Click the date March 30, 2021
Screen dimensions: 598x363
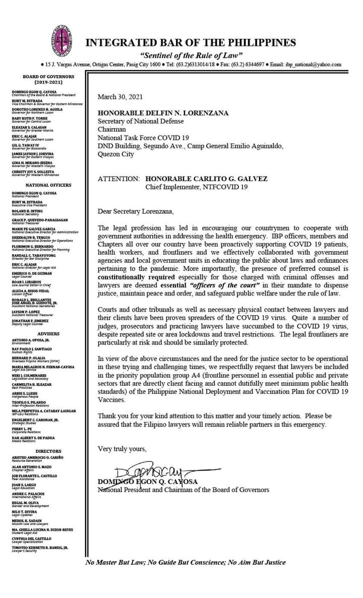pyautogui.click(x=119, y=97)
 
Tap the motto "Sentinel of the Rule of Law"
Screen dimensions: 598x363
pyautogui.click(x=191, y=55)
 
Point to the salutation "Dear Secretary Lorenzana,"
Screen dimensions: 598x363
pyautogui.click(x=135, y=211)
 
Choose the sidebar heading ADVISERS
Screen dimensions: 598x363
pyautogui.click(x=48, y=334)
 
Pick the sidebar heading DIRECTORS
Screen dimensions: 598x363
pyautogui.click(x=48, y=451)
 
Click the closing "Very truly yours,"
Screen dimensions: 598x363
pyautogui.click(x=122, y=449)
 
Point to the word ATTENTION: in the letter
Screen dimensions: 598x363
pyautogui.click(x=118, y=178)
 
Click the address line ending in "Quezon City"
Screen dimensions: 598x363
pyautogui.click(x=115, y=154)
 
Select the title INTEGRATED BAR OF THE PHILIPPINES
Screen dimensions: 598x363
pyautogui.click(x=191, y=43)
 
